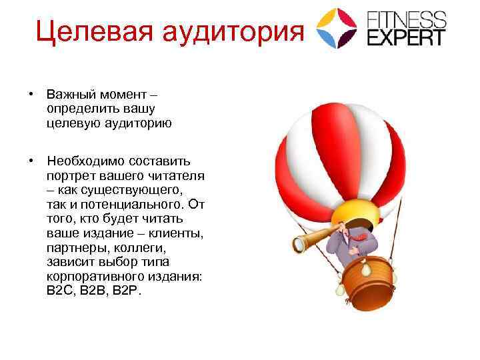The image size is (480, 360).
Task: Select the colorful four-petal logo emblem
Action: (337, 27)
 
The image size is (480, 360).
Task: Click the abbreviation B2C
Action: (60, 291)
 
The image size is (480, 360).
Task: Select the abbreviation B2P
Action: (127, 291)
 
